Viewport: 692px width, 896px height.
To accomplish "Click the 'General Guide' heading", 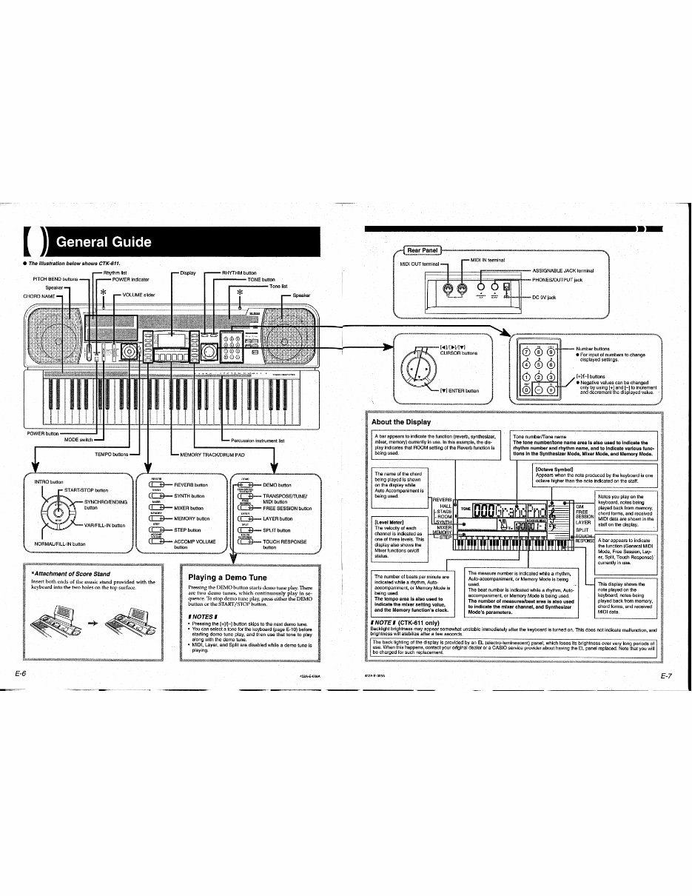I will pos(104,242).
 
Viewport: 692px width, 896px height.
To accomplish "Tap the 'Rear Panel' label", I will pos(420,248).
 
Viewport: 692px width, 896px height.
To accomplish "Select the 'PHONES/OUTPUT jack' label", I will pos(558,280).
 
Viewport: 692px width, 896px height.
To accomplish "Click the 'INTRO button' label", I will pos(49,482).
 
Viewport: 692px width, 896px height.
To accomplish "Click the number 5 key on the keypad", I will pos(540,364).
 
